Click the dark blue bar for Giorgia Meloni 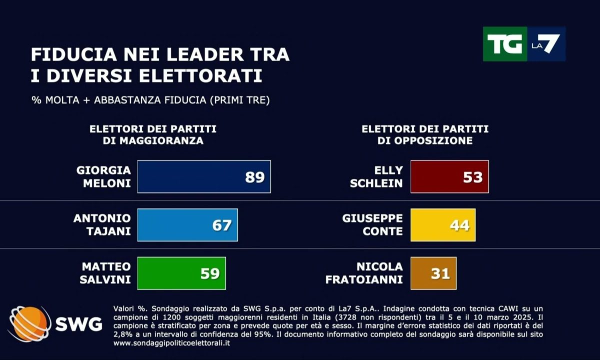pos(204,176)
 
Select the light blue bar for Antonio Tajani pos(187,225)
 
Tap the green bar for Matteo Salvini pos(181,273)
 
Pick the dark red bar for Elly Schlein pos(449,176)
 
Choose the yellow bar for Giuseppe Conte pos(443,225)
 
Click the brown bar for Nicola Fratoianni pos(433,273)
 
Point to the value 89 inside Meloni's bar pos(254,177)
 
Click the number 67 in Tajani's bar pos(221,225)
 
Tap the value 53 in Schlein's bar pos(472,177)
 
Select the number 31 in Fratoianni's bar pos(440,273)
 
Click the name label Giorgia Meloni pos(103,176)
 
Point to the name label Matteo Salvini pos(105,273)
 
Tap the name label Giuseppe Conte pos(372,225)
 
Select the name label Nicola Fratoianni pos(364,273)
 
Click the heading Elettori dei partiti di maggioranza pos(153,135)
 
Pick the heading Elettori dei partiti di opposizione pos(425,135)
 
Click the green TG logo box pos(504,44)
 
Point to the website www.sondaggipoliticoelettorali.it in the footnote pos(172,343)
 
